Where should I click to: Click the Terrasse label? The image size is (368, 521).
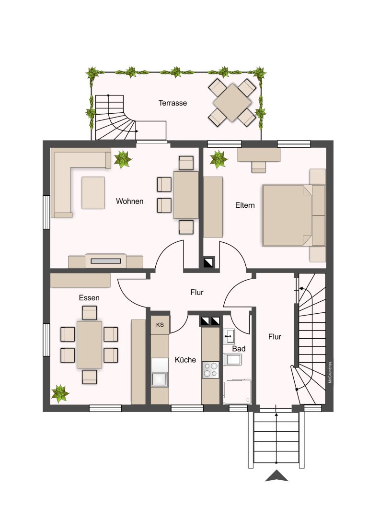pos(172,103)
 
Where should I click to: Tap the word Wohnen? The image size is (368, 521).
pos(130,201)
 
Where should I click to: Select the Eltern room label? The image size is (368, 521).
pos(245,205)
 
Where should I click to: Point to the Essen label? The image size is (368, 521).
pos(89,298)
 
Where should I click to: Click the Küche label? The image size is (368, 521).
pos(185,359)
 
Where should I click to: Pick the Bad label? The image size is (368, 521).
pos(239,349)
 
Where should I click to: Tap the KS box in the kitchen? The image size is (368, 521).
pos(160,325)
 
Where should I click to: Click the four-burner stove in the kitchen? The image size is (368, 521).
pos(211,370)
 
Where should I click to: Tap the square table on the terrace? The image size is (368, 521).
pos(232,103)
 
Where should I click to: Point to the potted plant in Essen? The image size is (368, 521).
pos(60,393)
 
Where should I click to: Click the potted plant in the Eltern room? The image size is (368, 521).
pos(218,159)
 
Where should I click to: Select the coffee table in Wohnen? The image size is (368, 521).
pos(93,193)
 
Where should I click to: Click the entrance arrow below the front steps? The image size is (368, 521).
pos(276,476)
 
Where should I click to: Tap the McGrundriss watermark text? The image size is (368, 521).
pos(330,372)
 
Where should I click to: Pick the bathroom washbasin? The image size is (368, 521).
pos(229,337)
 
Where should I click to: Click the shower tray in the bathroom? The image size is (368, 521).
pos(237,391)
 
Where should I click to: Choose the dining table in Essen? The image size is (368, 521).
pos(89,344)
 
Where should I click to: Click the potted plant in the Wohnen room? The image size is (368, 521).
pos(123,159)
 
